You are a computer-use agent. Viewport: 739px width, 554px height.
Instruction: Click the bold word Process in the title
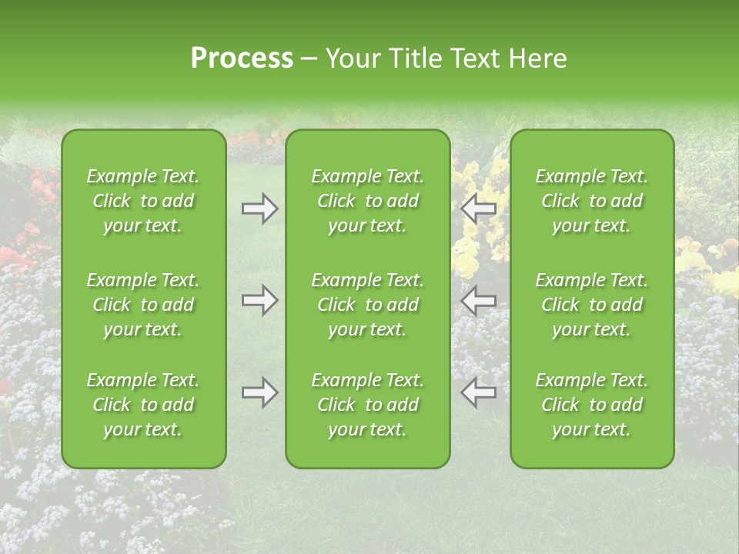click(x=242, y=58)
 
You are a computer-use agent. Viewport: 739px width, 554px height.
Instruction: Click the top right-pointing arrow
click(x=259, y=209)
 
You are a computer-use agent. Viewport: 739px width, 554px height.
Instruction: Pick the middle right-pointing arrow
click(x=259, y=300)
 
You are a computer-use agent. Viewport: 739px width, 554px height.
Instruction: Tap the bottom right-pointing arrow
click(x=259, y=392)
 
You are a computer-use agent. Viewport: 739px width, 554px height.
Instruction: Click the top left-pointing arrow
click(x=479, y=209)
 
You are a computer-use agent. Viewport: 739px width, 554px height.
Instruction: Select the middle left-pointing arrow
click(x=479, y=300)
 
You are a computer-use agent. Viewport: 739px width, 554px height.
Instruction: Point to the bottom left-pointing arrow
click(x=479, y=392)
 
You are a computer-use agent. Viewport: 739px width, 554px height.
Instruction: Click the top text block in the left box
click(x=143, y=201)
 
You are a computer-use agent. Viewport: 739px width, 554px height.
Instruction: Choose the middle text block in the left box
click(x=143, y=305)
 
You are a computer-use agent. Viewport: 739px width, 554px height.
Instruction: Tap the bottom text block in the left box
click(x=143, y=405)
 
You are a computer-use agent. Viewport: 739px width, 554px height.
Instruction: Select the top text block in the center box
click(x=368, y=201)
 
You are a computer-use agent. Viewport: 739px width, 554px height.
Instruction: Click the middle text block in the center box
click(x=368, y=305)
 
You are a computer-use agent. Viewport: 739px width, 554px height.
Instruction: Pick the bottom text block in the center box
click(x=368, y=405)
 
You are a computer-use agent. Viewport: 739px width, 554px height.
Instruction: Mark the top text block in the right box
click(x=592, y=201)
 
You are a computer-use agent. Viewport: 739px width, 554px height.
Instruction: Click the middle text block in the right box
click(x=592, y=305)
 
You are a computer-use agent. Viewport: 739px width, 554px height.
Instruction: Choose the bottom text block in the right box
click(x=592, y=405)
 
